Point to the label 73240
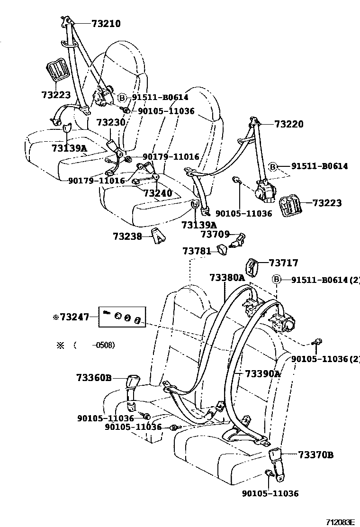click(158, 193)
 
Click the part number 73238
click(127, 236)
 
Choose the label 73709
click(215, 234)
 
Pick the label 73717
click(284, 263)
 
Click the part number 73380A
click(227, 277)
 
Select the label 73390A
click(263, 374)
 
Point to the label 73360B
click(94, 378)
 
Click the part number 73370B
click(316, 455)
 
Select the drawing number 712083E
click(340, 522)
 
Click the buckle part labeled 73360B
click(134, 381)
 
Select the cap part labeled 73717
click(252, 266)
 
